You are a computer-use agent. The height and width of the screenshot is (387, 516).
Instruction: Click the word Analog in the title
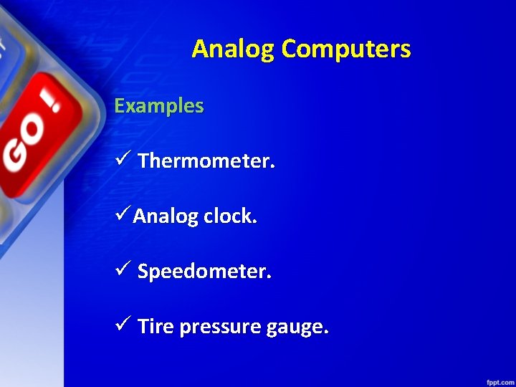coord(234,49)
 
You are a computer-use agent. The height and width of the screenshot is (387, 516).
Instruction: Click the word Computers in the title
coord(346,49)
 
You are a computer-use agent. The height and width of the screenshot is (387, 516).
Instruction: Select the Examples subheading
coord(159,106)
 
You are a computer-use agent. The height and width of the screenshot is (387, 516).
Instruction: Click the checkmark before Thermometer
coord(121,160)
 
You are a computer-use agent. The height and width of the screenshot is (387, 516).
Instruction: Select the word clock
coord(229,216)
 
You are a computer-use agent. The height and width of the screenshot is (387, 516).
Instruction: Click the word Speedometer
coord(204,272)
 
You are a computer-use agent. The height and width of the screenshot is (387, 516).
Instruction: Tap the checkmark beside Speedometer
coord(121,270)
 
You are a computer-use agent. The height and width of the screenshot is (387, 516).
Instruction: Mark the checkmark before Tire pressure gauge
coord(121,325)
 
